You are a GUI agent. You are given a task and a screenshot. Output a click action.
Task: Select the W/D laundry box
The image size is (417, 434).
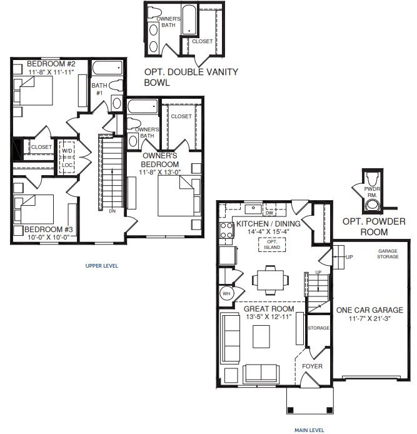pos(68,151)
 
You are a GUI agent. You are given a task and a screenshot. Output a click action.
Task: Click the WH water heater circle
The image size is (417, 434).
pos(226,293)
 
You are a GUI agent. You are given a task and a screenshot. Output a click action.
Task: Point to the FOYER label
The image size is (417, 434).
pos(313,366)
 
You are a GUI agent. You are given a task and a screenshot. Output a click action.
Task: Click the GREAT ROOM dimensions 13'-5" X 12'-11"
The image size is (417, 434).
pos(269,318)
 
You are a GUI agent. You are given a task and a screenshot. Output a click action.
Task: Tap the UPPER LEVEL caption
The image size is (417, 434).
pos(101,266)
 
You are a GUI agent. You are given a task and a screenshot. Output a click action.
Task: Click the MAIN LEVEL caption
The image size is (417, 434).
pos(309,430)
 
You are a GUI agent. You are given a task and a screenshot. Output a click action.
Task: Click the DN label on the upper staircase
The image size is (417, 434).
pos(112,211)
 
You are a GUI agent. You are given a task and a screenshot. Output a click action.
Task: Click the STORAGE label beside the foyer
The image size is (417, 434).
pos(318,328)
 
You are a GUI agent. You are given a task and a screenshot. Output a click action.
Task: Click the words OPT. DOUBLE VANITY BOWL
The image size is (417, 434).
pos(191,77)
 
